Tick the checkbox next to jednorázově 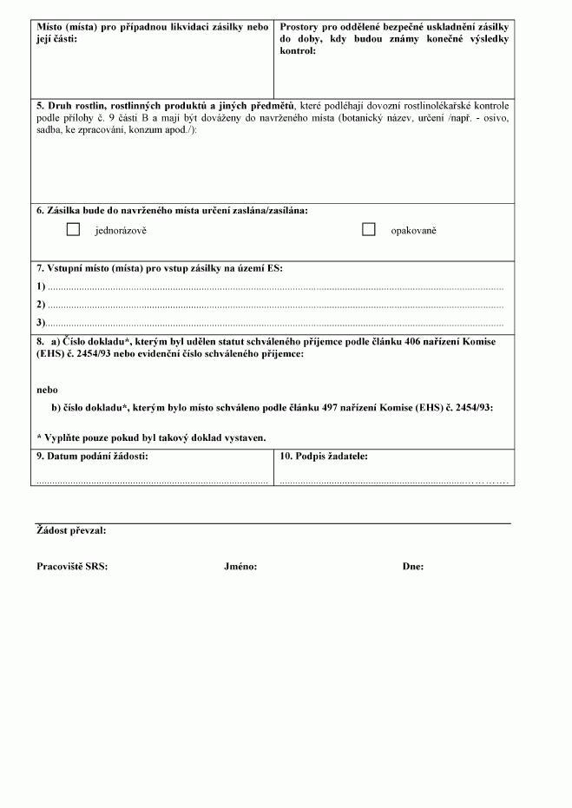coord(73,230)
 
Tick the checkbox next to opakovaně coord(368,230)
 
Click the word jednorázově coord(121,231)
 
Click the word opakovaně coord(413,231)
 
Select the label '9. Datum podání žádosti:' coord(92,456)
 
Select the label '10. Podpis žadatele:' coord(324,456)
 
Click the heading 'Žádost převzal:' coord(72,531)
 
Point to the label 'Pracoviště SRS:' coord(72,567)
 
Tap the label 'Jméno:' coord(240,567)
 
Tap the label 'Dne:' coord(413,567)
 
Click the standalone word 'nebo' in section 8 coord(47,390)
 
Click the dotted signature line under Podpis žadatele coord(393,480)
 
